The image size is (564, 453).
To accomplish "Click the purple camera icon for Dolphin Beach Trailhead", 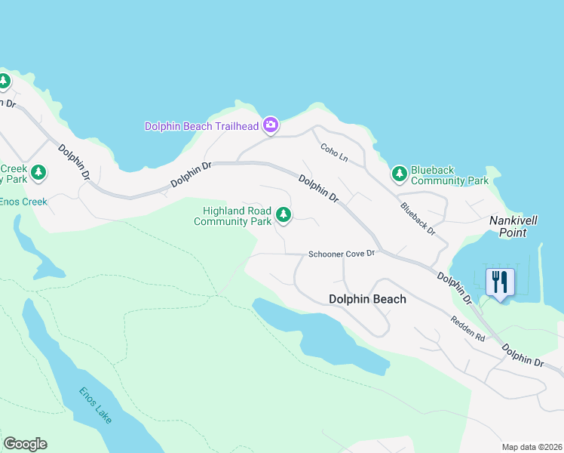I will (x=271, y=125).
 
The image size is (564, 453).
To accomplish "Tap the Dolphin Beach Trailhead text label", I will (x=201, y=126).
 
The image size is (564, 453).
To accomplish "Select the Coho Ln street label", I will (x=333, y=153).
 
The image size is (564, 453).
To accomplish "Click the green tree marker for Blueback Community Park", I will (x=400, y=174).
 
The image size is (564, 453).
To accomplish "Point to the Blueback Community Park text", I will (x=449, y=175).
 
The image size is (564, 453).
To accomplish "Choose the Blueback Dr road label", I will (x=418, y=218).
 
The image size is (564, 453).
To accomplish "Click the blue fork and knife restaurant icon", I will (x=500, y=283).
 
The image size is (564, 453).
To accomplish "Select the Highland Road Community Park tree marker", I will (x=284, y=215).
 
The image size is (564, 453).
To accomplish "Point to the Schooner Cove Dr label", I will (x=342, y=254).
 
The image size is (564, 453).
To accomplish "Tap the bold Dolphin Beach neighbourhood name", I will (x=367, y=299).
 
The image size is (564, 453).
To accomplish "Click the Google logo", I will (x=25, y=443).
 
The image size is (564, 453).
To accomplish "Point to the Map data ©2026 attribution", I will (x=531, y=447).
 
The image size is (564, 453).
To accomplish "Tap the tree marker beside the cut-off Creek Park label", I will (x=38, y=174).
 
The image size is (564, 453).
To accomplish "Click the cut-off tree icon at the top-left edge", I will (x=4, y=80).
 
